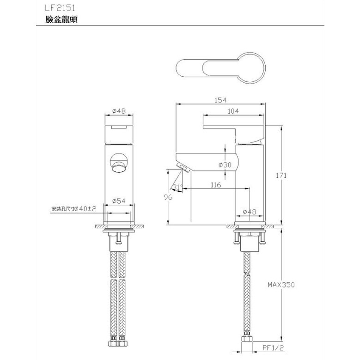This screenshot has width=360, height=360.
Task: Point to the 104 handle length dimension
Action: click(233, 111)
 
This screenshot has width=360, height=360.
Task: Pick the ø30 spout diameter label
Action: click(225, 165)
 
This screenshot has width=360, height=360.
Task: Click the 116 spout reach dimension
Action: click(215, 185)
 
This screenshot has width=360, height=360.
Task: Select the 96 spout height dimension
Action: click(168, 197)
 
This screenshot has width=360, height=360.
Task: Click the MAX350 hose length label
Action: click(281, 285)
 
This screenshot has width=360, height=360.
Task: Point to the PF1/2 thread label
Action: click(273, 347)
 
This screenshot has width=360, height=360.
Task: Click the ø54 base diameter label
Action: click(120, 201)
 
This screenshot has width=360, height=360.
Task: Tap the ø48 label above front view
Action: click(119, 111)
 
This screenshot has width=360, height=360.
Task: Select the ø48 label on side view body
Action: click(250, 212)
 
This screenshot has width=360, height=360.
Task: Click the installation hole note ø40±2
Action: click(74, 209)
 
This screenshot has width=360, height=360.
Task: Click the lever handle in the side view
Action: click(233, 127)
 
